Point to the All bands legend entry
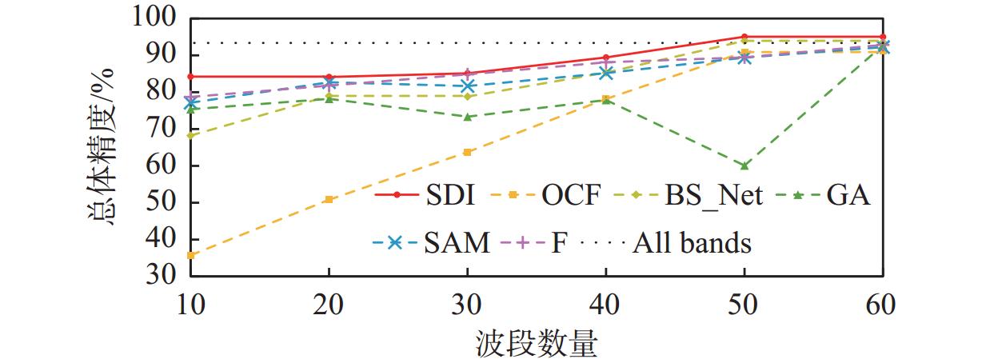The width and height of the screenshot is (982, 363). point(693,242)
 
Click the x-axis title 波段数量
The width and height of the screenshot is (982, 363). point(535,344)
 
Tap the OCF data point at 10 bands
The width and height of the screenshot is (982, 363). point(190,255)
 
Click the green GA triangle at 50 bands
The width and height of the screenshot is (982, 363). point(744,166)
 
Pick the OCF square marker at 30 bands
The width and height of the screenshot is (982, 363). point(467,152)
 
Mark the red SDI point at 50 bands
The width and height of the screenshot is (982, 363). point(744,37)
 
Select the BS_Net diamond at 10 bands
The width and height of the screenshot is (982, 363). point(190,135)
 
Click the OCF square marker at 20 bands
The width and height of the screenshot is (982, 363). point(329,199)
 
